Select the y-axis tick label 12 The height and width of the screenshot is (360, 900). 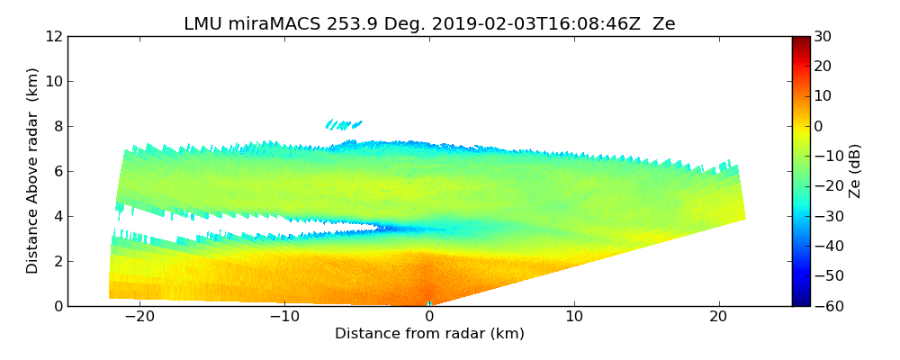pyautogui.click(x=54, y=37)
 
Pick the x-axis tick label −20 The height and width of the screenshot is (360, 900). pyautogui.click(x=139, y=317)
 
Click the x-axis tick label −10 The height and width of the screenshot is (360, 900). pyautogui.click(x=283, y=317)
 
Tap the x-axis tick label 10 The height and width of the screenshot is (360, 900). pyautogui.click(x=574, y=317)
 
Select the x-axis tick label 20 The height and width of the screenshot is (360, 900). pyautogui.click(x=718, y=317)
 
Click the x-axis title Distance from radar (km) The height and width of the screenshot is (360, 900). pyautogui.click(x=429, y=334)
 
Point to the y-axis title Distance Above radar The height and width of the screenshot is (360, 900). pyautogui.click(x=33, y=171)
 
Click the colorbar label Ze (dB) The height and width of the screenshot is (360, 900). pyautogui.click(x=855, y=171)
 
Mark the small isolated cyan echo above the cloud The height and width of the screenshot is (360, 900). pyautogui.click(x=343, y=124)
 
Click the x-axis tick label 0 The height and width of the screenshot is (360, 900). pyautogui.click(x=429, y=317)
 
